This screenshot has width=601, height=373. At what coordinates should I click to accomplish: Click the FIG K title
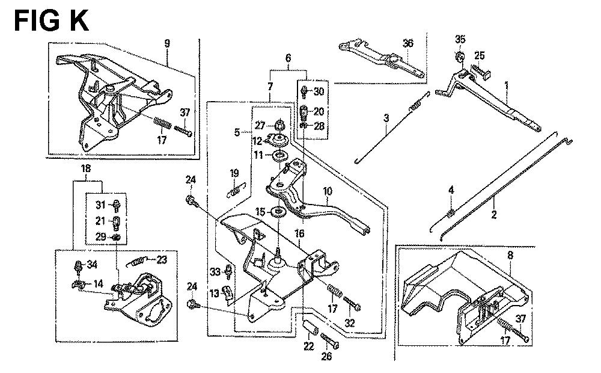[51, 20]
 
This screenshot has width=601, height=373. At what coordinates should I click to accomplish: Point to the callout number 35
[460, 40]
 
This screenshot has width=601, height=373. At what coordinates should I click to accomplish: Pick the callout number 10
[328, 192]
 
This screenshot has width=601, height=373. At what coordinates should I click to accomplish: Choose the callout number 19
[234, 173]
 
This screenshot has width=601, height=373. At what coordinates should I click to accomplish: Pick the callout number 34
[92, 264]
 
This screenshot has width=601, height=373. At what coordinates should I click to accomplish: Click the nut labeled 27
[279, 126]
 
